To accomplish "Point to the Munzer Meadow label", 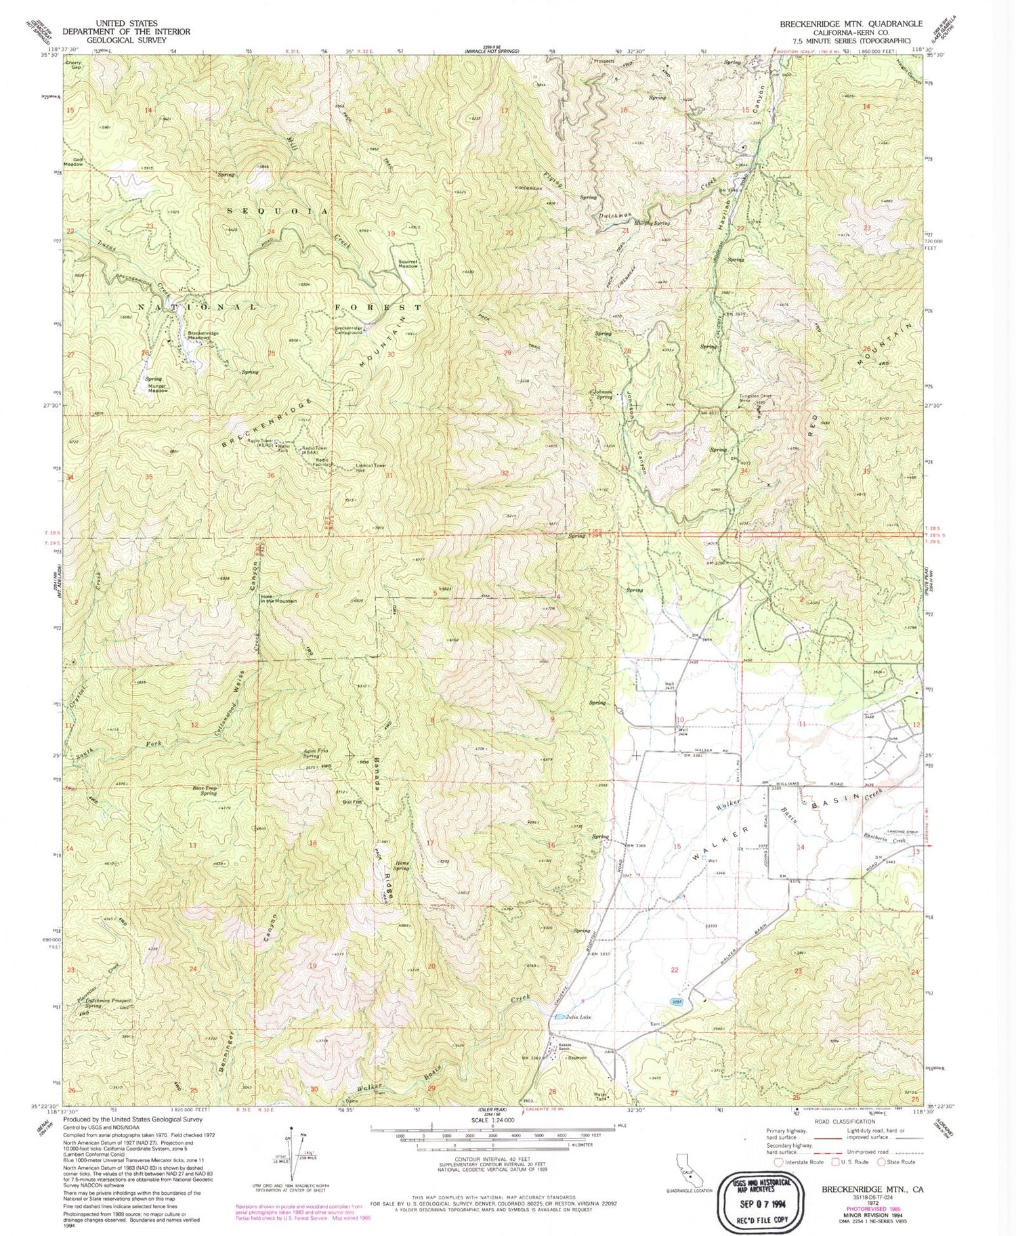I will (x=158, y=388).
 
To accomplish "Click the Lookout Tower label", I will (x=371, y=466).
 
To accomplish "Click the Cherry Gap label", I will (x=73, y=65).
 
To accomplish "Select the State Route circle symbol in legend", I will (x=881, y=1162).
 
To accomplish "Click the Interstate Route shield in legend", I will (x=778, y=1162).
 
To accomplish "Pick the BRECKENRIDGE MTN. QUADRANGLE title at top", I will (x=850, y=23).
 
